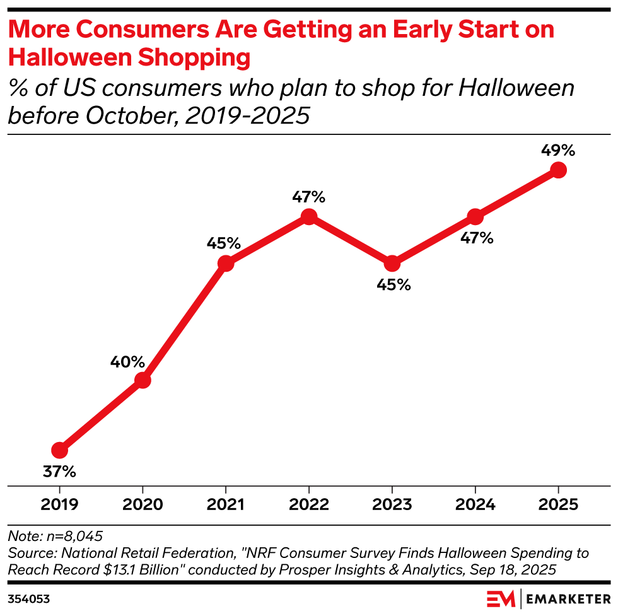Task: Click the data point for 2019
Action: point(59,450)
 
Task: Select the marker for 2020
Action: point(143,380)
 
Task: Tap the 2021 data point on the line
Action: point(226,264)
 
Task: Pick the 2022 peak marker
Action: point(308,217)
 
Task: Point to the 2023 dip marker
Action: point(392,264)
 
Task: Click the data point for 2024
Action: point(475,217)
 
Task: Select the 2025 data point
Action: point(558,170)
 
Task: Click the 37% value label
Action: point(59,471)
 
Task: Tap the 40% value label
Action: point(129,362)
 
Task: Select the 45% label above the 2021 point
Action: point(223,243)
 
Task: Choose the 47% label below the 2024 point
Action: point(476,238)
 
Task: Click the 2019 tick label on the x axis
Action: point(59,505)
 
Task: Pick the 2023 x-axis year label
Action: point(392,505)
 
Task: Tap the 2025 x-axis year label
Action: point(558,505)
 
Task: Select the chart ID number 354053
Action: point(29,596)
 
